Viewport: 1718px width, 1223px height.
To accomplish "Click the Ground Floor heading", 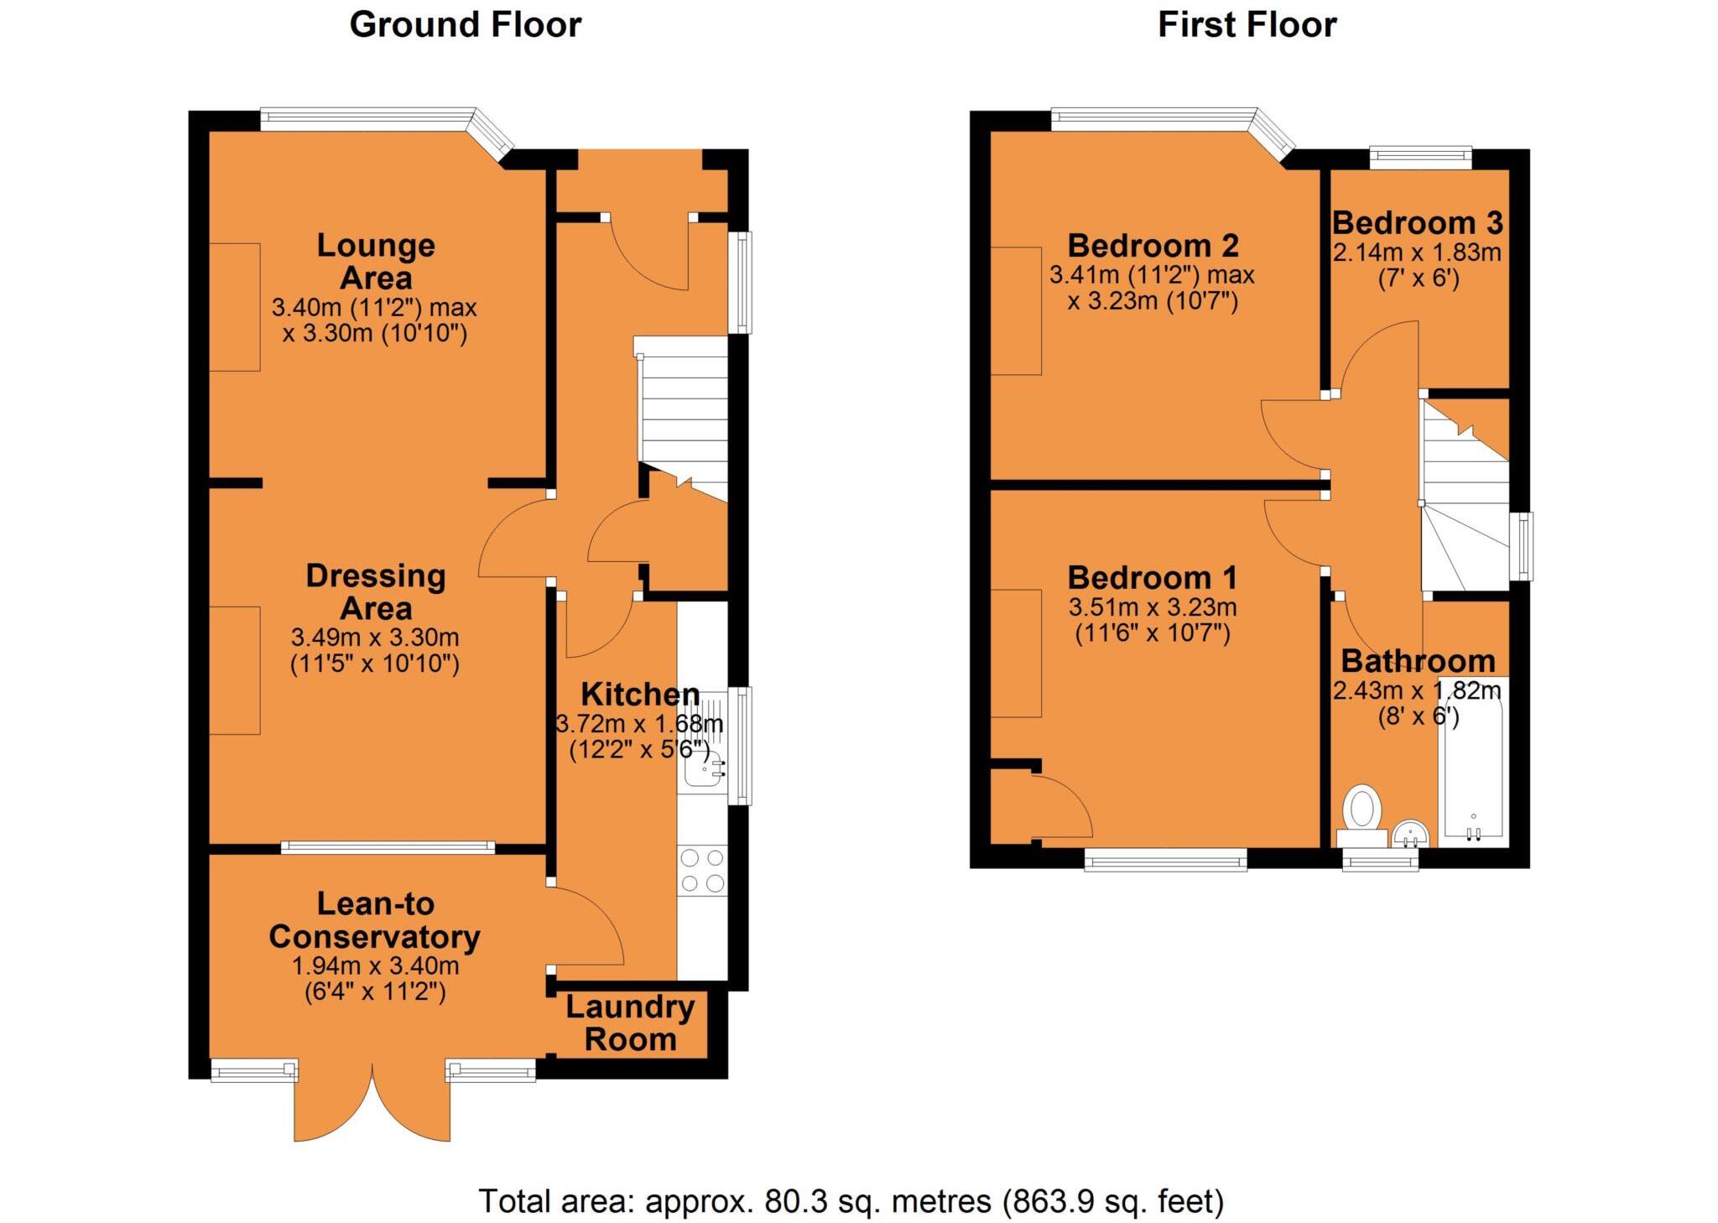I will [465, 25].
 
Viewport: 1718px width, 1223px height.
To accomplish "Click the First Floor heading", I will [1247, 25].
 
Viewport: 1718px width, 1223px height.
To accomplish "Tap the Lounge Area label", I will [376, 261].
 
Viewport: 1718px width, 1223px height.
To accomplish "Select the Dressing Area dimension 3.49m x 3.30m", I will [375, 638].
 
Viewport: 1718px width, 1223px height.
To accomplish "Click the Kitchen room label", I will [640, 695].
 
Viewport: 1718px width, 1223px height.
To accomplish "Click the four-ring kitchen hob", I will [702, 870].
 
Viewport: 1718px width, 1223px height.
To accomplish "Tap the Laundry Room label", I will [630, 1023].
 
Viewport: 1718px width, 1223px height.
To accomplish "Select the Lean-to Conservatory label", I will [374, 920].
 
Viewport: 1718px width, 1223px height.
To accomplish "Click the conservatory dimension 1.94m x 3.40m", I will [375, 966].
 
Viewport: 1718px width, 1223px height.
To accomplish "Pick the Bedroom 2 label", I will [1153, 246].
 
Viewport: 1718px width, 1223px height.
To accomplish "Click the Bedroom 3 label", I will [1417, 223].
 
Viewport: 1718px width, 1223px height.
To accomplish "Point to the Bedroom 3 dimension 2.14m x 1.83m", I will [1417, 252].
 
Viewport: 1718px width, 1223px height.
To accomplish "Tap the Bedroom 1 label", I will [1153, 578].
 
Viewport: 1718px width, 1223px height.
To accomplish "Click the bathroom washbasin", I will [1410, 835].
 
